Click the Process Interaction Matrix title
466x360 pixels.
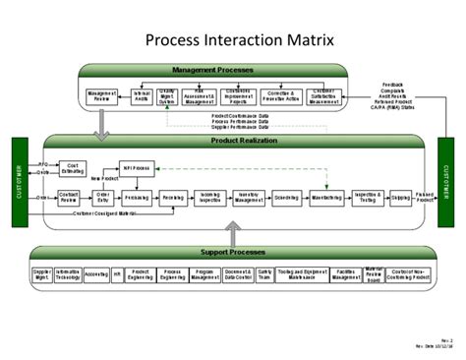pyautogui.click(x=232, y=40)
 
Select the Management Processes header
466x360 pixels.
pyautogui.click(x=214, y=71)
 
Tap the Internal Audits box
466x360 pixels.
pyautogui.click(x=143, y=95)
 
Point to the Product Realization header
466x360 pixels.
pyautogui.click(x=233, y=142)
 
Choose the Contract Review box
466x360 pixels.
pyautogui.click(x=68, y=197)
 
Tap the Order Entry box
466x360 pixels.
pyautogui.click(x=102, y=197)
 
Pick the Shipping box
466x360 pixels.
pyautogui.click(x=401, y=197)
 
